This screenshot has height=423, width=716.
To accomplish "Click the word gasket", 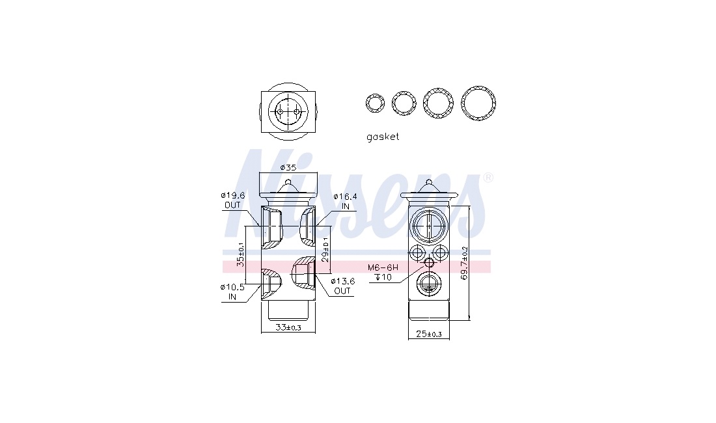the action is (x=383, y=137).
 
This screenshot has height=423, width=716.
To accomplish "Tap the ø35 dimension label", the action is (x=288, y=167).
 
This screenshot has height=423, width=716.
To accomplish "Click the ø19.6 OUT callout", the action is (x=233, y=200).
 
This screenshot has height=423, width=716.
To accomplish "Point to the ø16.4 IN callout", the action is (x=345, y=201).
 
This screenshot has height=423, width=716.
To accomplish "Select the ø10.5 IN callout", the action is (x=232, y=292).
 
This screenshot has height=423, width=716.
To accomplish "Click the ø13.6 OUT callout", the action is (x=342, y=286).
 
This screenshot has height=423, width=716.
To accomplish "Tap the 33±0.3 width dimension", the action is (x=288, y=327).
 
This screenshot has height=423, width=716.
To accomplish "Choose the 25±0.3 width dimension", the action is (x=429, y=334).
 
